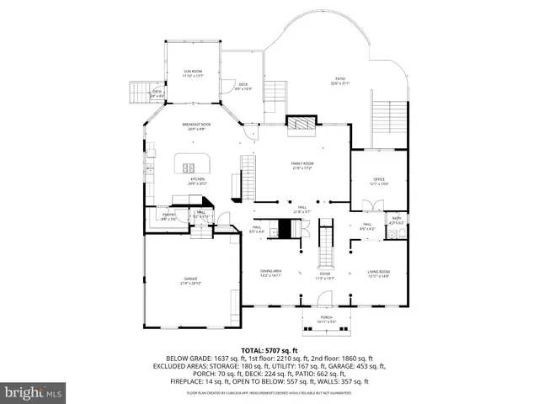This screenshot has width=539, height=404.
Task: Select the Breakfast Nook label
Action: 196,125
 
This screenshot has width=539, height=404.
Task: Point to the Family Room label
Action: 302,164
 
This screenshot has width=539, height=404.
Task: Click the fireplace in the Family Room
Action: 301,125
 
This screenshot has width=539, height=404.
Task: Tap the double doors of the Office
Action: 372,205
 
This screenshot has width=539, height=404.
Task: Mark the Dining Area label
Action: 269,273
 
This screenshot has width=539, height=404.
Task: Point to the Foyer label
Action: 324,274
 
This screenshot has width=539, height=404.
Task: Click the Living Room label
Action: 378,273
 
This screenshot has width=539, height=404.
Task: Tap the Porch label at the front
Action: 325,319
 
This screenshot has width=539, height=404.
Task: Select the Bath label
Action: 396,220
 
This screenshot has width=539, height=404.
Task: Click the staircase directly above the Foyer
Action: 325,245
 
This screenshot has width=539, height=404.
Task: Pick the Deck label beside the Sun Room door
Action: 243,86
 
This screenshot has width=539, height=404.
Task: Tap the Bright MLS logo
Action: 34,392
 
